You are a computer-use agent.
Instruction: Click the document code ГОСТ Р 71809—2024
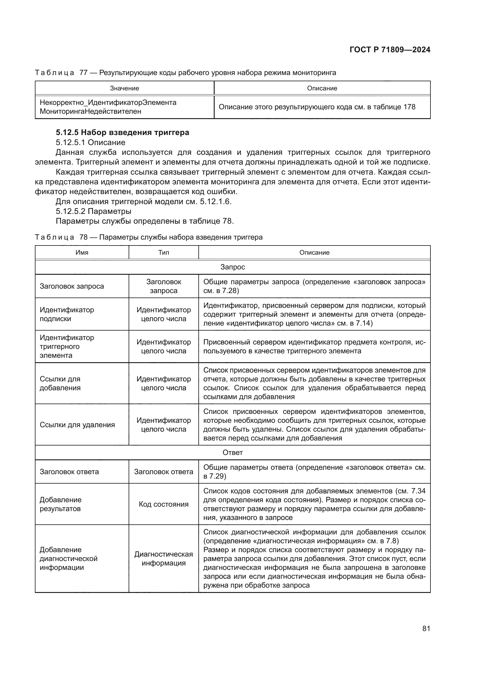click(390, 50)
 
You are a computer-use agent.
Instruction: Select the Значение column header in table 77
click(124, 88)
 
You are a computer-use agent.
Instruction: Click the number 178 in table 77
click(409, 107)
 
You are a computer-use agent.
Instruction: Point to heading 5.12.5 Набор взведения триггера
click(122, 132)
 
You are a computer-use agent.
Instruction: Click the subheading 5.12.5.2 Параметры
click(93, 211)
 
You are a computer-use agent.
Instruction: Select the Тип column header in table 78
click(163, 253)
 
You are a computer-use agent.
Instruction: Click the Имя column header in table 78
click(82, 253)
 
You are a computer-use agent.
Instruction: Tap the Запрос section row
click(232, 267)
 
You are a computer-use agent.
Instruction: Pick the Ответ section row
click(232, 452)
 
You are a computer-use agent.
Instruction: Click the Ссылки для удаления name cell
click(77, 425)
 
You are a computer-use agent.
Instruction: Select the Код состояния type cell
click(163, 504)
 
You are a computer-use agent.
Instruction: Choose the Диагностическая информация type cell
click(163, 559)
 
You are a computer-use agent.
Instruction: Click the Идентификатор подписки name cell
click(67, 314)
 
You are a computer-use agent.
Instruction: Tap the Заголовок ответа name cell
click(69, 471)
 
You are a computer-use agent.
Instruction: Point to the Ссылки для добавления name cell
click(60, 383)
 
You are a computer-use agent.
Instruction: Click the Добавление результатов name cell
click(61, 504)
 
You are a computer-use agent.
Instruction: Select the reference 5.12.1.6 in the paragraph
click(215, 201)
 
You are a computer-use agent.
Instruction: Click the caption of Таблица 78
click(149, 237)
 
